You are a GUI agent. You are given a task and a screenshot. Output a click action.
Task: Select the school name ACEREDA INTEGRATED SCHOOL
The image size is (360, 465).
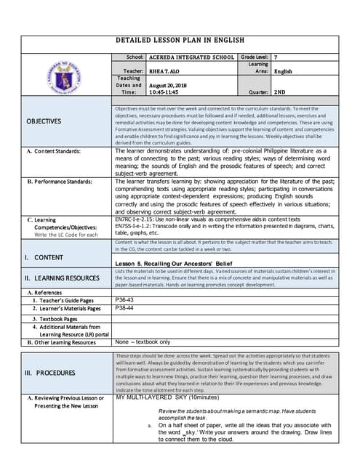(x=192, y=57)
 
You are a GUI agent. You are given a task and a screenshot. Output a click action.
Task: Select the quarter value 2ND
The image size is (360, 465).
(x=280, y=93)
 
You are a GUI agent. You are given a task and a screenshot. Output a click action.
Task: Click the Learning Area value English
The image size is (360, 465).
(x=283, y=71)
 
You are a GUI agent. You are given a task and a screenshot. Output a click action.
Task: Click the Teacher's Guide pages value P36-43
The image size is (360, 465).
(x=125, y=299)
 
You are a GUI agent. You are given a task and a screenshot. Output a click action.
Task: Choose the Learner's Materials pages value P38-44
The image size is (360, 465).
(x=125, y=308)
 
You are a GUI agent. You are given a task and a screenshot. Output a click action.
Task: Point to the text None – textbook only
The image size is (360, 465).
(x=143, y=341)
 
